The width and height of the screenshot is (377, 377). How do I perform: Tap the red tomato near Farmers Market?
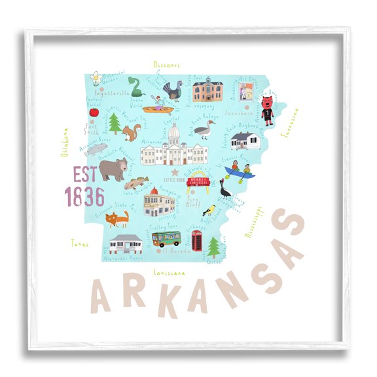click(92, 113)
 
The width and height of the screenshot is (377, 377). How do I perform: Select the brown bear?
click(113, 169)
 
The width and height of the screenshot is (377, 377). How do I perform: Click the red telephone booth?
click(196, 241)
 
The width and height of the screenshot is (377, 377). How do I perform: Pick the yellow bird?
click(209, 209)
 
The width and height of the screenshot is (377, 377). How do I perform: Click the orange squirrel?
click(133, 133)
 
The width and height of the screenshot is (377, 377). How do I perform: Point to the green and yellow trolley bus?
click(166, 238)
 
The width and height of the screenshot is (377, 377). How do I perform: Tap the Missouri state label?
click(166, 65)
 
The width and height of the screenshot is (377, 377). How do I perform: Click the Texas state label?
click(79, 243)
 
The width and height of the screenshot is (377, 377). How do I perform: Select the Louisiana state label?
click(168, 272)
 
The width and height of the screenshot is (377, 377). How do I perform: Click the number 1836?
click(84, 196)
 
